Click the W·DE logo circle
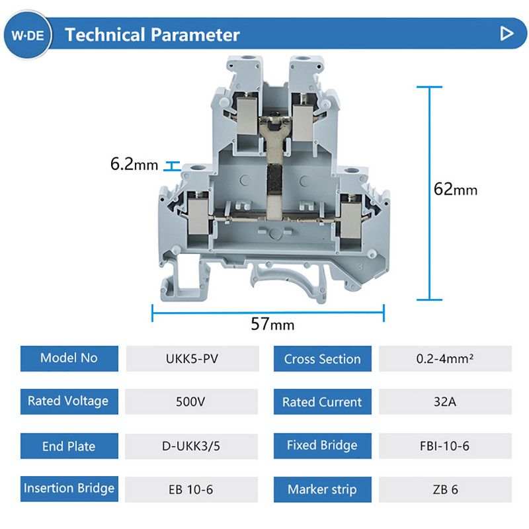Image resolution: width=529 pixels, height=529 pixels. coord(27,34)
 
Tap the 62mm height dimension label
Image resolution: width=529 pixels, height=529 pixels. coord(456,189)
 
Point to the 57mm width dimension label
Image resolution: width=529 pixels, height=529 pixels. coord(272,324)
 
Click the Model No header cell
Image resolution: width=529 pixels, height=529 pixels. coord(69,358)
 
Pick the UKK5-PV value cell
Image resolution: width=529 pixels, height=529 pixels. coord(192,359)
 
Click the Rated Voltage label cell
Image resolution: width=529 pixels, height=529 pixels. coord(69,401)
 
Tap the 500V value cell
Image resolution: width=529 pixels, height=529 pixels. coord(192,401)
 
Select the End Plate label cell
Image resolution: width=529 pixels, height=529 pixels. coord(69,446)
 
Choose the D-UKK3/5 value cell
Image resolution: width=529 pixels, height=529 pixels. coord(192,446)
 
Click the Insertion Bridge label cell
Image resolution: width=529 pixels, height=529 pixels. coord(69,489)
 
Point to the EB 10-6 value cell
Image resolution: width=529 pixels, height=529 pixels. coord(192,490)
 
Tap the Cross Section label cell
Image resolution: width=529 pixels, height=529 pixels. coord(322,359)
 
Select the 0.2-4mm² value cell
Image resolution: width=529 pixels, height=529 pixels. coord(446,359)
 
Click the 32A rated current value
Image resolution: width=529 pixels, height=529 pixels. coord(446,401)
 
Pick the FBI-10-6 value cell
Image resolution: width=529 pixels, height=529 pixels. coord(446,446)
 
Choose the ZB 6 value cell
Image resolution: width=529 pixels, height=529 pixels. coord(446,490)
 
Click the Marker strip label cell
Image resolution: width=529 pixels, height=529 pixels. coord(322,490)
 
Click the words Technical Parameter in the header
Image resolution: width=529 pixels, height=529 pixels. coord(152,34)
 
